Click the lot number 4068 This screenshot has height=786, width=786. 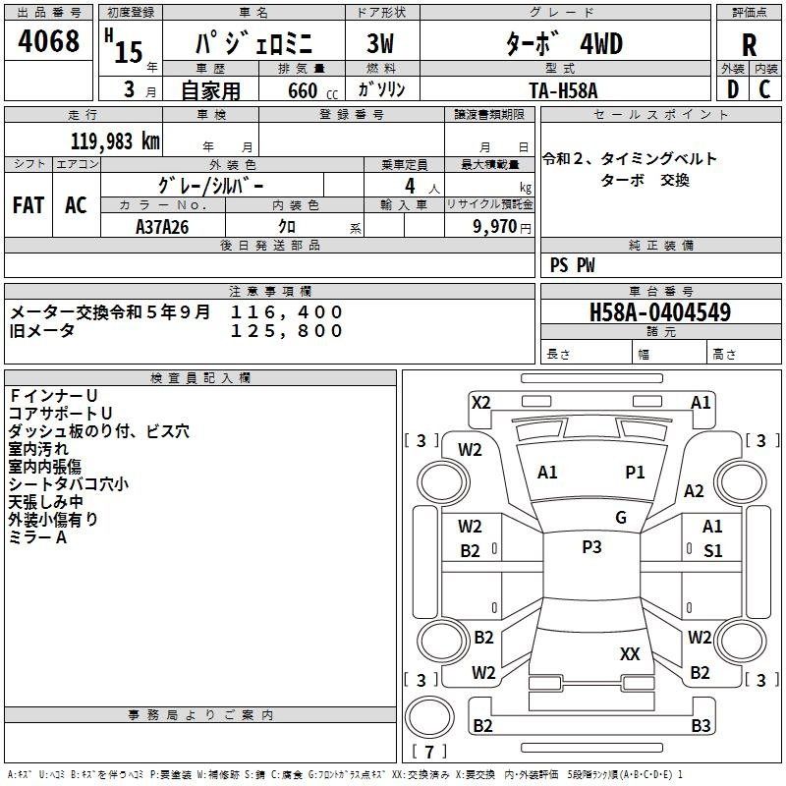click(48, 40)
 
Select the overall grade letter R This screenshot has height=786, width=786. click(749, 44)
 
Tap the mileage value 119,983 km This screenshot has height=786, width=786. click(115, 141)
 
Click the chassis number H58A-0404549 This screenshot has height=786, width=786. click(660, 311)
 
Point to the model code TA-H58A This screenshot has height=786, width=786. click(563, 90)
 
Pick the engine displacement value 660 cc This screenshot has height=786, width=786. click(312, 91)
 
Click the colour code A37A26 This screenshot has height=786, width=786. click(162, 227)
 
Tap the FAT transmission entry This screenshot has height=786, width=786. click(28, 205)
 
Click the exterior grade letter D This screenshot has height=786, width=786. click(733, 89)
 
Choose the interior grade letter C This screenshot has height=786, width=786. click(764, 89)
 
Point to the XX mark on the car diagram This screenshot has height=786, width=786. click(630, 653)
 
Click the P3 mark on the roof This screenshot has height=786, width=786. click(592, 546)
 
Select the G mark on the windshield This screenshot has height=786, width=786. click(621, 517)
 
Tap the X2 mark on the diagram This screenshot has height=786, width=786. click(480, 403)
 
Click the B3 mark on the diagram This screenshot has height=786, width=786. click(701, 725)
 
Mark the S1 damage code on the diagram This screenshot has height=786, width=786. click(713, 551)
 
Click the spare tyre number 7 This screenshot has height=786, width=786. click(429, 752)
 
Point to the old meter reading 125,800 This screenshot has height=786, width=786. click(287, 330)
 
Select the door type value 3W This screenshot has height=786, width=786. click(380, 43)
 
